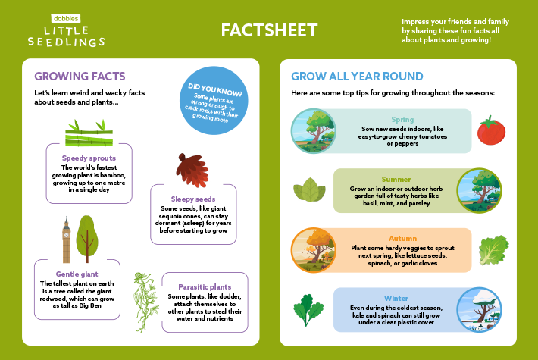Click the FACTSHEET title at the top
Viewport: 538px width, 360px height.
[269, 30]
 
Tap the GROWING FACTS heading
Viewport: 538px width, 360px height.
[80, 77]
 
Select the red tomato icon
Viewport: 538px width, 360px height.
[490, 130]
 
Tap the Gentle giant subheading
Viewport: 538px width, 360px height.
[77, 274]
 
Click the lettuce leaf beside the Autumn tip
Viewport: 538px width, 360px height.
[494, 249]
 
